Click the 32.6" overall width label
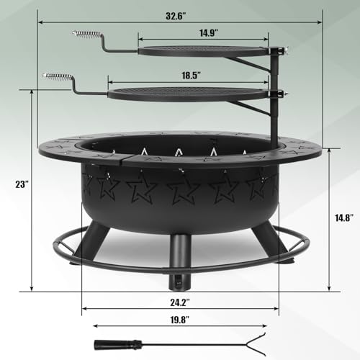pyautogui.click(x=176, y=16)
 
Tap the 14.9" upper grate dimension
pyautogui.click(x=209, y=32)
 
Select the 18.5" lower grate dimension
pyautogui.click(x=191, y=76)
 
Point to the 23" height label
pyautogui.click(x=22, y=184)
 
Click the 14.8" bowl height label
pyautogui.click(x=344, y=218)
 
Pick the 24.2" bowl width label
pyautogui.click(x=180, y=302)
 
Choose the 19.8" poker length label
pyautogui.click(x=180, y=320)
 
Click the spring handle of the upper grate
pyautogui.click(x=86, y=35)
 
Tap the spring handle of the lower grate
pyautogui.click(x=58, y=77)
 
